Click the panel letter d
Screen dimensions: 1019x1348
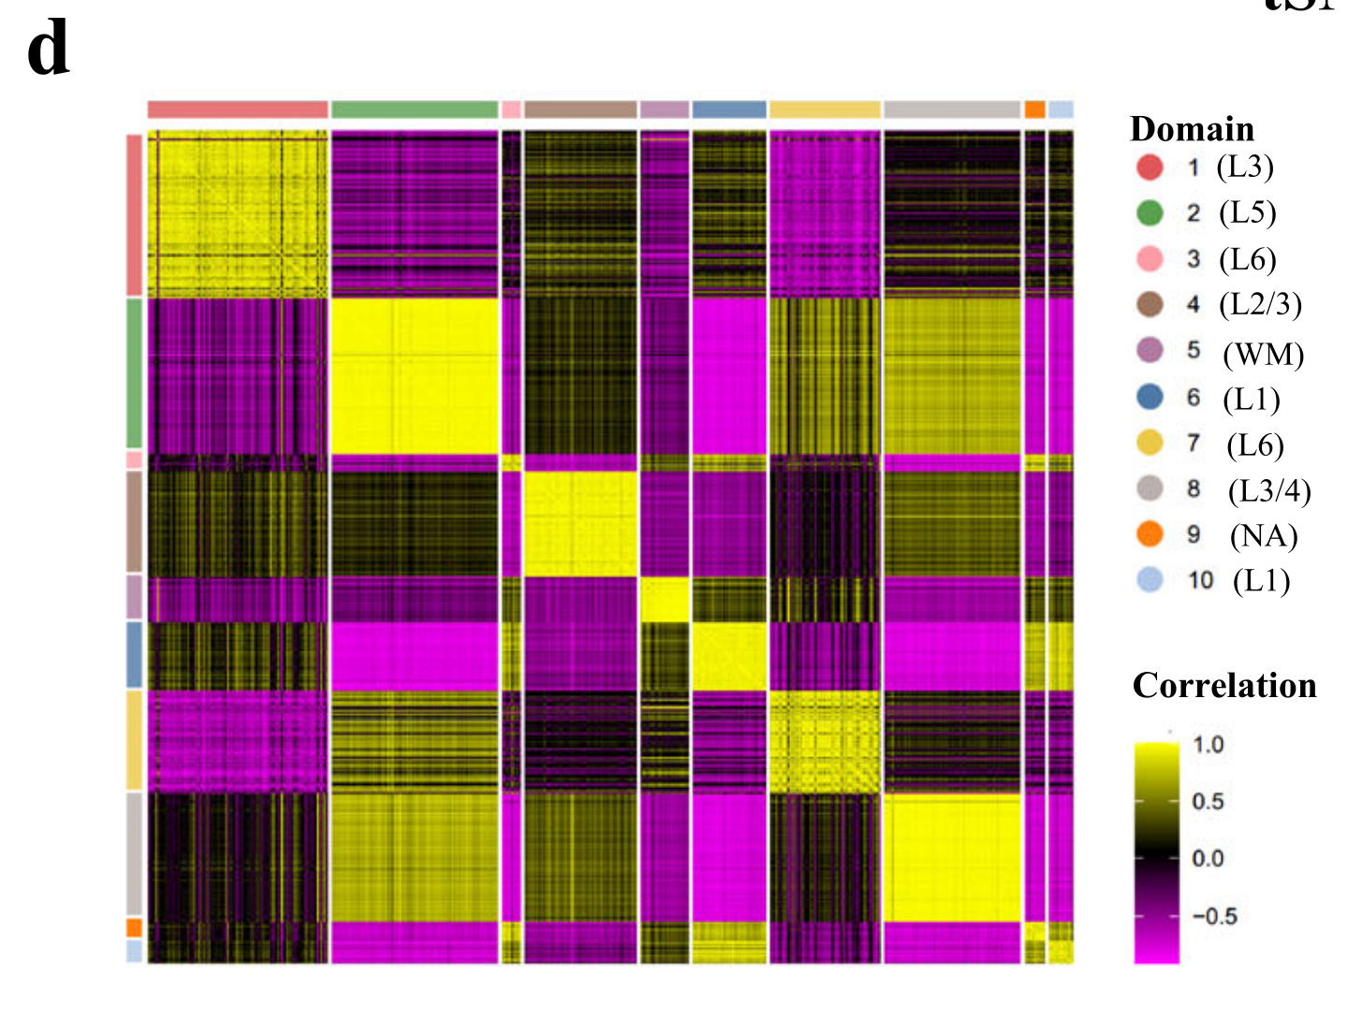click(x=48, y=51)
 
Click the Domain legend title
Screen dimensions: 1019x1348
click(x=1192, y=129)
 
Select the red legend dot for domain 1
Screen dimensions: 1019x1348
click(x=1150, y=167)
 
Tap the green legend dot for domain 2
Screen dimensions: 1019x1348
click(x=1150, y=213)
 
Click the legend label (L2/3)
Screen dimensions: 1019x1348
click(x=1260, y=304)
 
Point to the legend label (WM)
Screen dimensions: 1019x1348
click(x=1263, y=355)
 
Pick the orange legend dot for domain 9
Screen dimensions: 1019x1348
click(x=1150, y=534)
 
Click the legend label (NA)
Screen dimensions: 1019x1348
click(x=1264, y=536)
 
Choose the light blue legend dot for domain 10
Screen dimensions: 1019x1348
click(x=1150, y=580)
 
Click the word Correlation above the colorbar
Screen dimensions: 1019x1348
click(x=1224, y=686)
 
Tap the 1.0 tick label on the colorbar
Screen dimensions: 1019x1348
click(x=1209, y=745)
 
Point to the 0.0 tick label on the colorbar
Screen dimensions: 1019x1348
click(x=1209, y=858)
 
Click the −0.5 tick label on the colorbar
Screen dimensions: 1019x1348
click(x=1214, y=916)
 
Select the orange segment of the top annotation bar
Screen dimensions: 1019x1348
click(x=1034, y=109)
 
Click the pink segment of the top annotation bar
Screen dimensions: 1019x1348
click(x=511, y=109)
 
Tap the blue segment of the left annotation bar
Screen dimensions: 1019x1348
click(x=135, y=654)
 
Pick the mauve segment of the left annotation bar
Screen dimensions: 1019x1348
click(x=135, y=597)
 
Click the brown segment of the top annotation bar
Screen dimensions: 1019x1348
click(x=580, y=109)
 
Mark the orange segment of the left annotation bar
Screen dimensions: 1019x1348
click(x=135, y=927)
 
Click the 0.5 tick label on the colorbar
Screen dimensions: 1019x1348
click(x=1209, y=802)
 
